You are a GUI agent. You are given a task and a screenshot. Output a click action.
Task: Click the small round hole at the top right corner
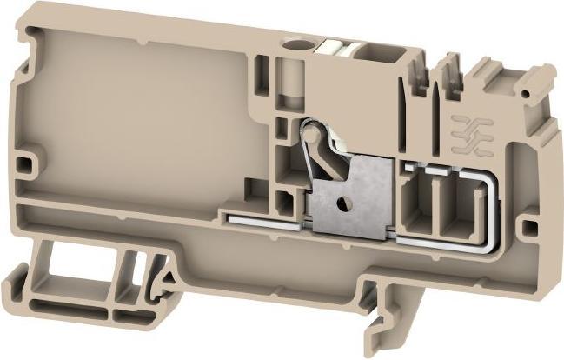pyautogui.click(x=524, y=91)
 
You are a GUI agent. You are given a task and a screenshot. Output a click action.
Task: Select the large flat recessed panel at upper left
pyautogui.click(x=139, y=113)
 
